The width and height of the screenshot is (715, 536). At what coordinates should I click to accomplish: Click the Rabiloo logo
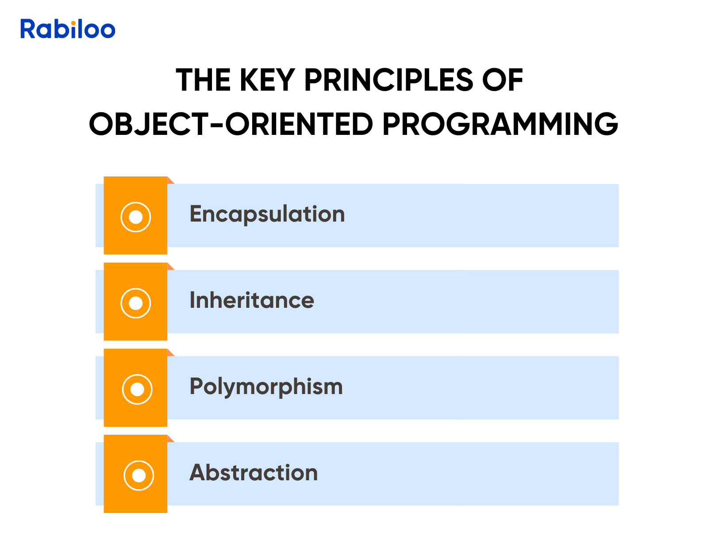(x=68, y=29)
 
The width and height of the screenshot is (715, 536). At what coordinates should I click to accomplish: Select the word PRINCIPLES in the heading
(x=388, y=80)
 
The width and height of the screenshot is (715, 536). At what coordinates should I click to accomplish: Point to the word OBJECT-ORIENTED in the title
(x=231, y=124)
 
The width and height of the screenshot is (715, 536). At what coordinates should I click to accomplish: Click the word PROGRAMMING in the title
(x=500, y=124)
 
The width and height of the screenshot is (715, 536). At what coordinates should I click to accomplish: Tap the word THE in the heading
(x=204, y=80)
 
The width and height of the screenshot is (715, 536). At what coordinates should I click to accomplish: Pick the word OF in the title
(x=503, y=80)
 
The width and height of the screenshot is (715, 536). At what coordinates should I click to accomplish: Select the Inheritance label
(x=252, y=300)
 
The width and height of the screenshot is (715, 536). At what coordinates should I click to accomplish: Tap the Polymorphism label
(x=266, y=387)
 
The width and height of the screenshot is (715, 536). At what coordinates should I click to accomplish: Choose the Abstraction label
(x=254, y=473)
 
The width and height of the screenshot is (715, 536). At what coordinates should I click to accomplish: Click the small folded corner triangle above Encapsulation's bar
(x=170, y=181)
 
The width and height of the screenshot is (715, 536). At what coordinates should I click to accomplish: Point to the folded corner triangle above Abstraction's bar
(x=170, y=439)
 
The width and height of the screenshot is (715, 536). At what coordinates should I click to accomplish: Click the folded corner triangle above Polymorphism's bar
(x=170, y=353)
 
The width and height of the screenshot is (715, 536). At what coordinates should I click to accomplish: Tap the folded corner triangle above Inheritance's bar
(x=170, y=267)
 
